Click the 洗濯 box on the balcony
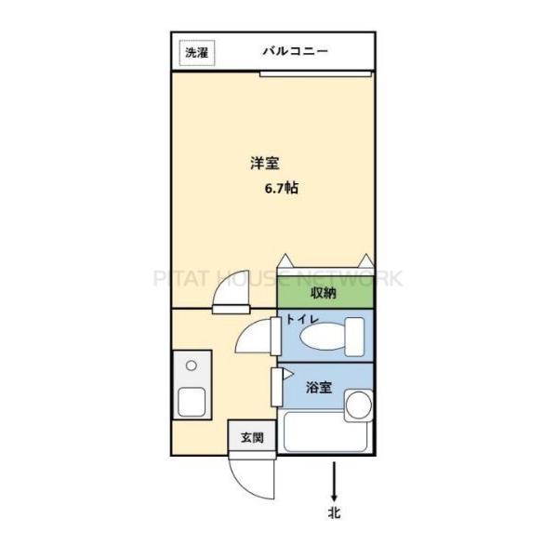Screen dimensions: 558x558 point(196,53)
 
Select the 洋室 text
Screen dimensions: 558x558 point(264,164)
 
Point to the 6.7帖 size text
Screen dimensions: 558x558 point(282,187)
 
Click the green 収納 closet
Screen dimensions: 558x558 point(325,293)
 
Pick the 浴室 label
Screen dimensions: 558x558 point(319,387)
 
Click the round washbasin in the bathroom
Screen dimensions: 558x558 point(358,405)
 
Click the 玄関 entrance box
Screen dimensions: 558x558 point(252,436)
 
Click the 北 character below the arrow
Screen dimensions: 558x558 point(333,512)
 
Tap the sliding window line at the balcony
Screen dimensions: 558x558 point(316,72)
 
